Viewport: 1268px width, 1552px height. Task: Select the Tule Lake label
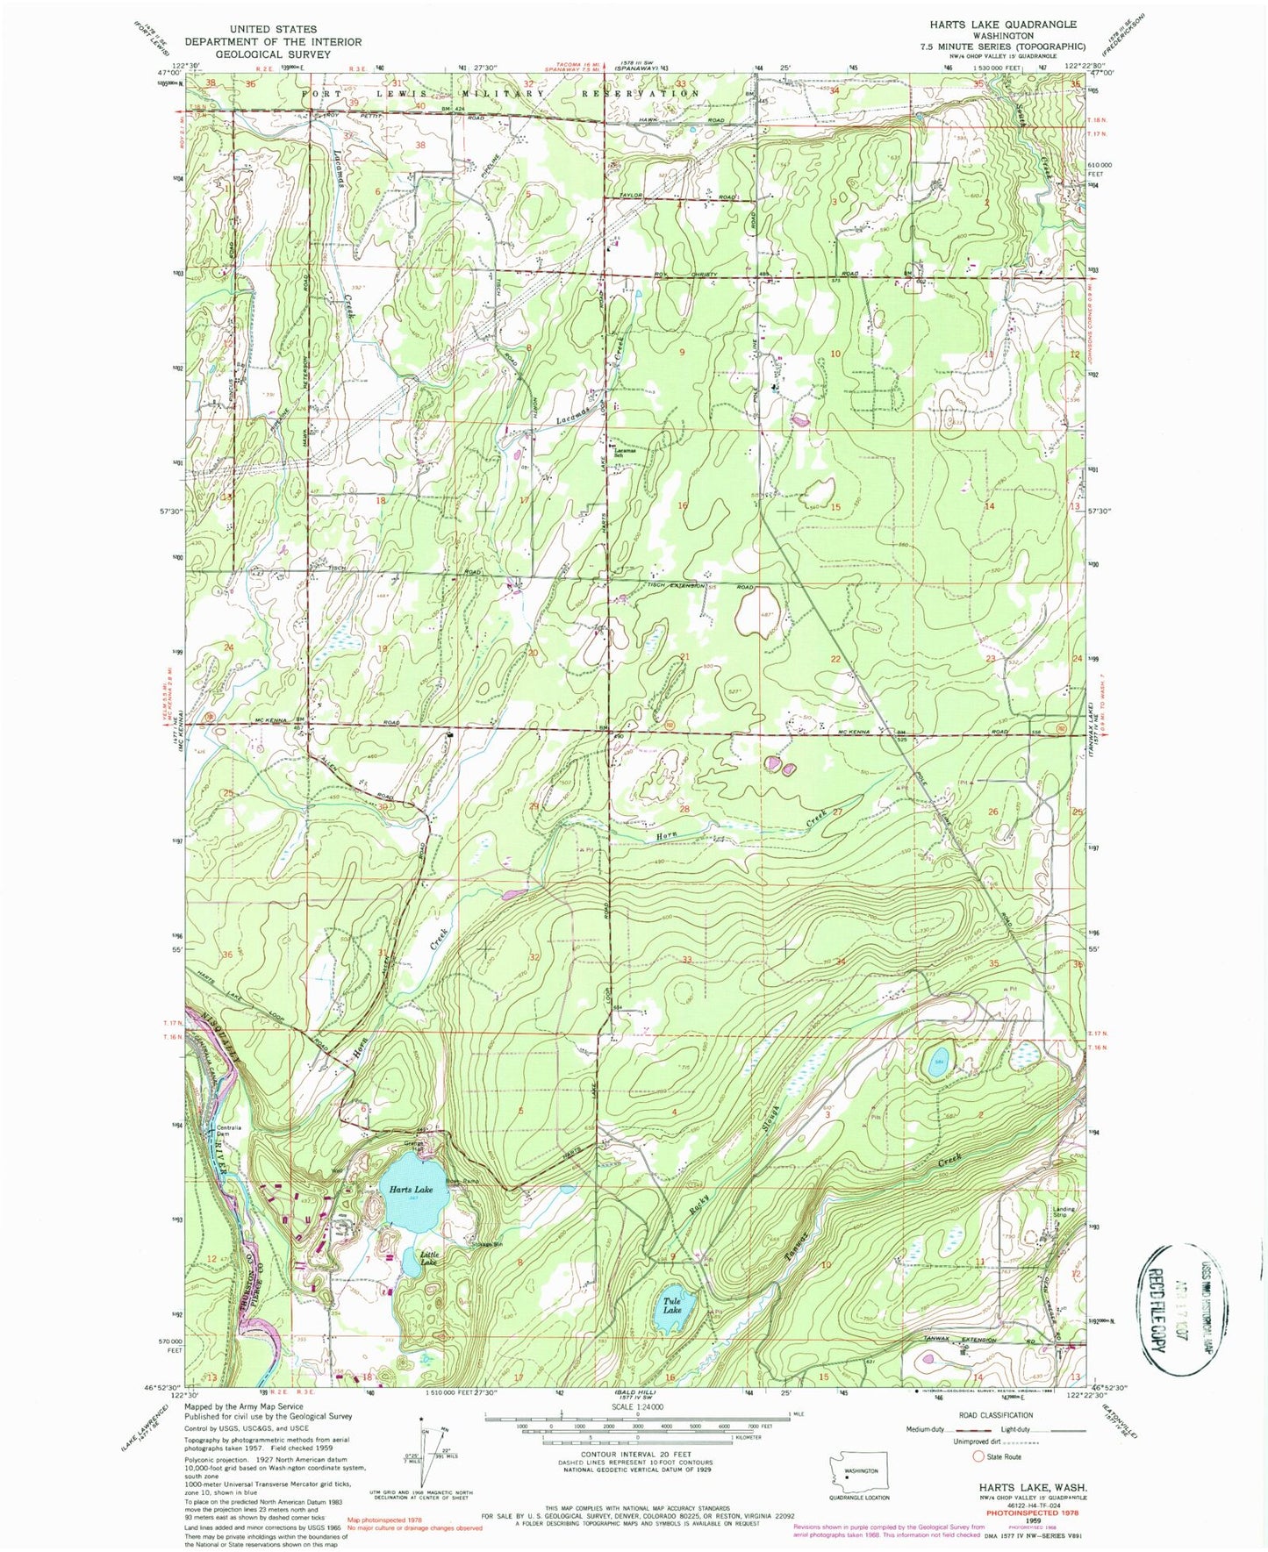(672, 1305)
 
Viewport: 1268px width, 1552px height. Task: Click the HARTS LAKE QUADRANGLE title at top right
(997, 25)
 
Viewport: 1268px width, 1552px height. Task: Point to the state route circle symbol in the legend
(978, 1456)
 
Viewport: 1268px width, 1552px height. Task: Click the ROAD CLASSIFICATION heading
(995, 1415)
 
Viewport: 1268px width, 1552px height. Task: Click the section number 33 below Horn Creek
(687, 960)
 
